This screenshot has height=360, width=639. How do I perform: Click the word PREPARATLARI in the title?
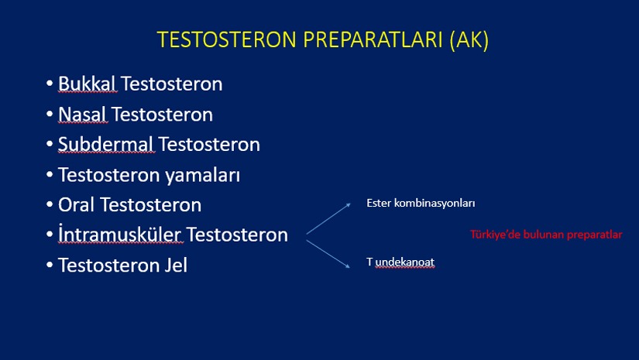coord(373,39)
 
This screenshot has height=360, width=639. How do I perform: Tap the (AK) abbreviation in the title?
coord(469,40)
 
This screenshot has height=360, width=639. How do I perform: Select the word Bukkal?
coord(88,84)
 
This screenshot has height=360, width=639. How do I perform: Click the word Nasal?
coord(83,115)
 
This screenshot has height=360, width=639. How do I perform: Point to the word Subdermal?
coord(106,144)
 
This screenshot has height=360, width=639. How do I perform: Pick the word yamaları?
coord(202,176)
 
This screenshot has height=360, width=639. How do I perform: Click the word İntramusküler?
coord(120,234)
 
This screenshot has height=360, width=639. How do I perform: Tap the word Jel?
coord(176,265)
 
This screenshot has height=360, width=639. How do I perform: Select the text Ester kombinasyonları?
coord(421,203)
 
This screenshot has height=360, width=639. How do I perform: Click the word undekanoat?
coord(404,262)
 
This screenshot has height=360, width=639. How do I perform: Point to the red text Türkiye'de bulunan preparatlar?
coord(546,235)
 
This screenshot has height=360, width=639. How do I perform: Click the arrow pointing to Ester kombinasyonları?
coord(328,218)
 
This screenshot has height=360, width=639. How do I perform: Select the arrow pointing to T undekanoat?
coord(328,254)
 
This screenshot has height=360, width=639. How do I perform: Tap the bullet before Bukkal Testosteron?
coord(50,84)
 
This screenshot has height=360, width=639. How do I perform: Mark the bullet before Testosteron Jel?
coord(50,265)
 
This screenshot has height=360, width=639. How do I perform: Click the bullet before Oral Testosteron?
coord(50,204)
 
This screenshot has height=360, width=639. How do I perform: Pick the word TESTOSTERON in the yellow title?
coord(227,39)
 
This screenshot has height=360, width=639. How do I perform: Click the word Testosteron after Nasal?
coord(162,115)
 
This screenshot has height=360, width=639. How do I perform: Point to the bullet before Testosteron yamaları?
coord(50,175)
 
